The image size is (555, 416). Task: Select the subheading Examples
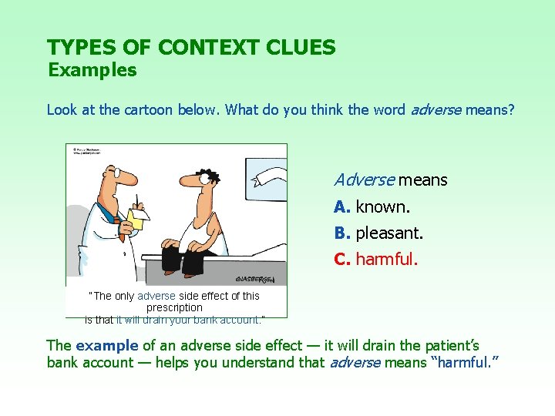[x=92, y=70]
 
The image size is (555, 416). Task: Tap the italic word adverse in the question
[x=436, y=109]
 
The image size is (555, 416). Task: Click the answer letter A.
[x=342, y=207]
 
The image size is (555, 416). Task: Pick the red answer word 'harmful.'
[x=386, y=259]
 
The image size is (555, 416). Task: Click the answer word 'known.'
[x=383, y=207]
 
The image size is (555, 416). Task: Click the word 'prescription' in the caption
[x=175, y=307]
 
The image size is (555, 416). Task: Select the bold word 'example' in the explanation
[x=105, y=346]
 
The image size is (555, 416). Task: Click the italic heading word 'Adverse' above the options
[x=364, y=180]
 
